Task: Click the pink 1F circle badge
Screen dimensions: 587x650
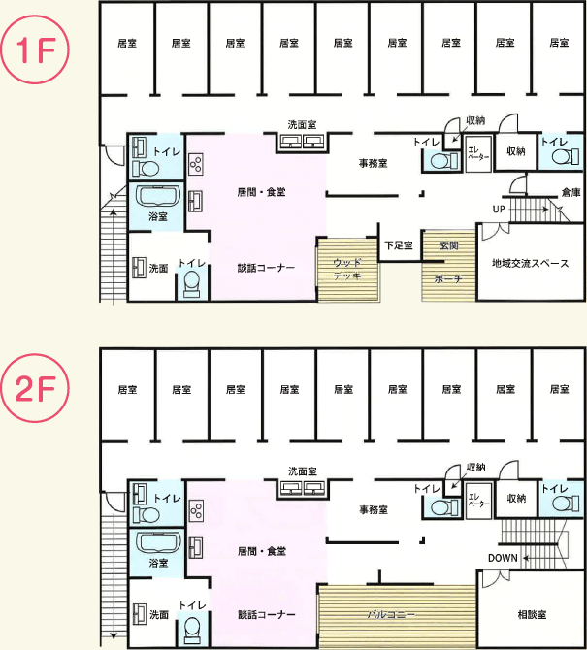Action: coord(34,49)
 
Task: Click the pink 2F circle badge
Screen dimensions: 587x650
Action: coord(34,388)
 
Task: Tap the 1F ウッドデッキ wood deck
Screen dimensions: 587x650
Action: coord(348,270)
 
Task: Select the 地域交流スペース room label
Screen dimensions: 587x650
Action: coord(530,263)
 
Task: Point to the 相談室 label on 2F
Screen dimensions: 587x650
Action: coord(532,614)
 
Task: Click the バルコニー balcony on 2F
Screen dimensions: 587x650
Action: coord(398,616)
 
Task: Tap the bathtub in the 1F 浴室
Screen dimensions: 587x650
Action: coord(158,196)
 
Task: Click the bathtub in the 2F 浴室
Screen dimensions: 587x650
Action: coord(158,542)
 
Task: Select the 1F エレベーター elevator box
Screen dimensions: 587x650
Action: coord(478,153)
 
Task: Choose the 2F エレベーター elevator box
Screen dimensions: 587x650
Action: coord(478,501)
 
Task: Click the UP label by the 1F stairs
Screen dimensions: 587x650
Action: coord(499,209)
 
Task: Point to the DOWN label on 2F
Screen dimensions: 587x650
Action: coord(503,558)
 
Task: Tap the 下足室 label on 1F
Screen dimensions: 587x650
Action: coord(399,245)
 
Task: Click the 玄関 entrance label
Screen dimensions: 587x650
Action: coord(449,245)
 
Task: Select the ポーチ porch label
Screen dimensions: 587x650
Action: coord(448,279)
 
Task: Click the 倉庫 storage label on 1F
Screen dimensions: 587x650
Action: coord(571,192)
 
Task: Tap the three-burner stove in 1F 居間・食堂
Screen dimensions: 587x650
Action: coord(196,164)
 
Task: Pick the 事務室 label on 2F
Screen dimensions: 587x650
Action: coord(374,509)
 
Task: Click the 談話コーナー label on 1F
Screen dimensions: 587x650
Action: coord(266,268)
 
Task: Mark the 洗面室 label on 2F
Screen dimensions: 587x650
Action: coord(303,471)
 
